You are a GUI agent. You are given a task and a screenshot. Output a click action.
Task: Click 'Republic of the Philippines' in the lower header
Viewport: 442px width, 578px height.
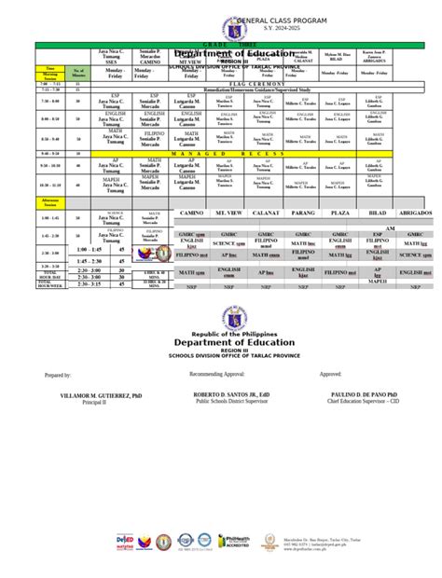[220, 333]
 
